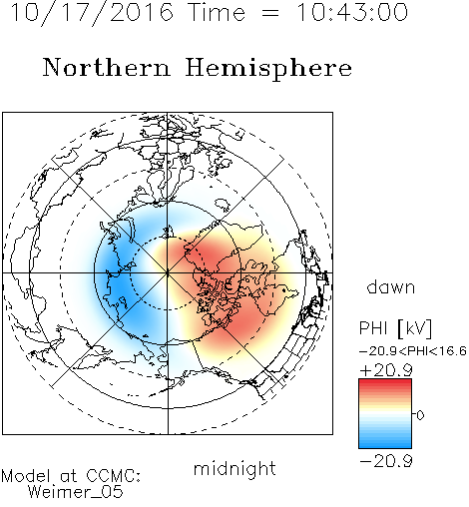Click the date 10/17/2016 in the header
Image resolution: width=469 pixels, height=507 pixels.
[x=92, y=12]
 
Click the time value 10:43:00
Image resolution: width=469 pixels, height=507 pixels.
[x=352, y=12]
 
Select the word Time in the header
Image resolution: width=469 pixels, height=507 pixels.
[x=217, y=12]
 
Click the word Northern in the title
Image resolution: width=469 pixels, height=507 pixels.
[x=107, y=67]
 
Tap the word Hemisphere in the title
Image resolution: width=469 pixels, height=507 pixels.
[x=268, y=68]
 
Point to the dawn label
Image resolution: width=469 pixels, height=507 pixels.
[x=391, y=286]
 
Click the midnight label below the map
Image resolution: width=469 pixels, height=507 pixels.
[x=234, y=469]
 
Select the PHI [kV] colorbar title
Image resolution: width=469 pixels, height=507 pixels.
[x=395, y=328]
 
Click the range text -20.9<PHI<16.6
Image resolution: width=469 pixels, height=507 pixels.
[x=413, y=351]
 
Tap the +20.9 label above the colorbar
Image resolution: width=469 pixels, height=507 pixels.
[x=386, y=370]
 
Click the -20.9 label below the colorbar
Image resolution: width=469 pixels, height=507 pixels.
[x=386, y=461]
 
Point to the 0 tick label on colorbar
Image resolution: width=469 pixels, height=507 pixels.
[x=420, y=415]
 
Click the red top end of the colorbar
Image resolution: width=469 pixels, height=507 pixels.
[x=385, y=381]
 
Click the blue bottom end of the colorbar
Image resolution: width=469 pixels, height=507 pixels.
[x=385, y=445]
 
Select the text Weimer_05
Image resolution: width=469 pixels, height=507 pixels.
[x=76, y=491]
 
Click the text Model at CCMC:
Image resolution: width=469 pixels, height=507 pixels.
[x=71, y=476]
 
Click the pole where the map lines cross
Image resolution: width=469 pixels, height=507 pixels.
[x=168, y=272]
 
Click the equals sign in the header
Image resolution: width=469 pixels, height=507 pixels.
[x=270, y=13]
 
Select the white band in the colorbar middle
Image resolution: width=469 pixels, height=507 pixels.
[x=385, y=414]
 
